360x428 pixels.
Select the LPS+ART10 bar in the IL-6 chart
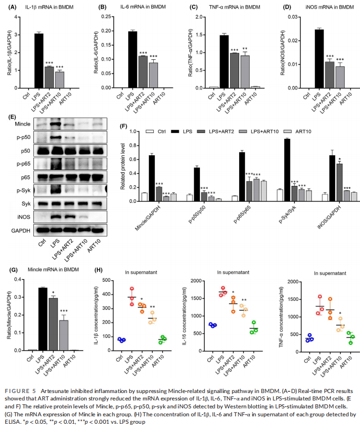pos(153,75)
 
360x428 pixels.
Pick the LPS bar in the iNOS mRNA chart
pos(318,58)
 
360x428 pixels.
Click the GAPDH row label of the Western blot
pos(21,230)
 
